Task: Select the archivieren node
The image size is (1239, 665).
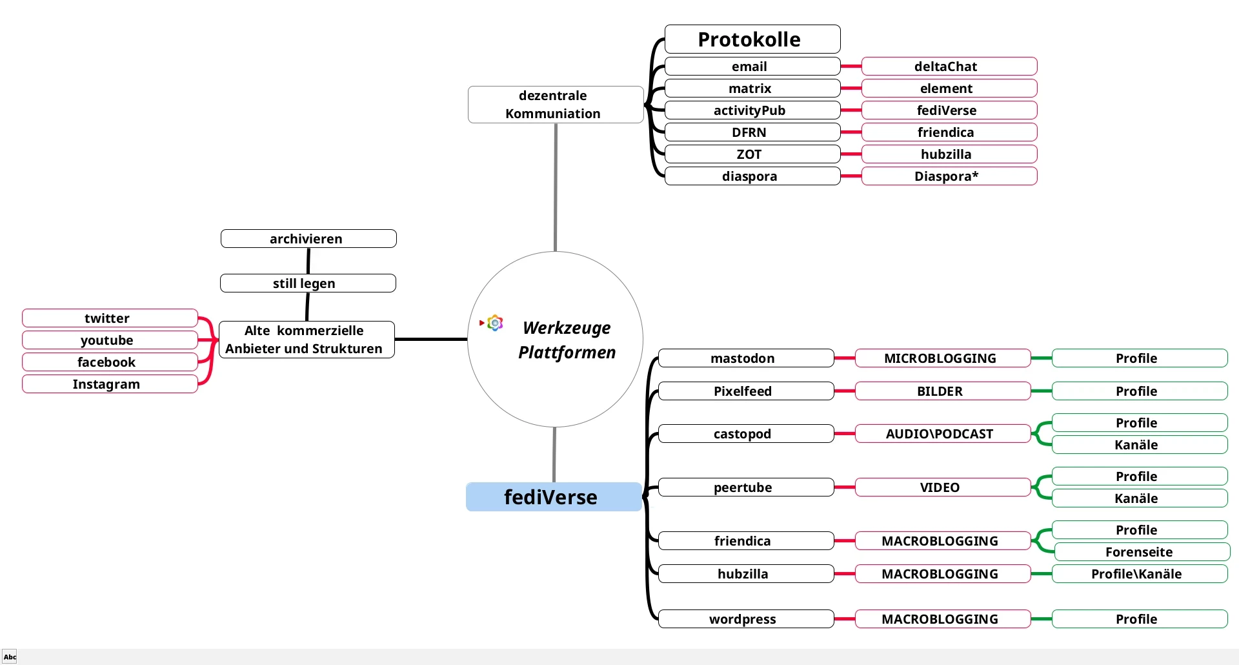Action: point(308,239)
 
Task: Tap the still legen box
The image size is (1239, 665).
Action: point(307,283)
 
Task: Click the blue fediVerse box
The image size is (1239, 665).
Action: point(553,497)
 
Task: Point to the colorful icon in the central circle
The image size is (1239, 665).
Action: point(495,323)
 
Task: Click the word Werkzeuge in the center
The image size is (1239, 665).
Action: point(567,328)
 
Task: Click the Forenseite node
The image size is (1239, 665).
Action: point(1141,552)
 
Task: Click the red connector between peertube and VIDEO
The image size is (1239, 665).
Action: point(844,487)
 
